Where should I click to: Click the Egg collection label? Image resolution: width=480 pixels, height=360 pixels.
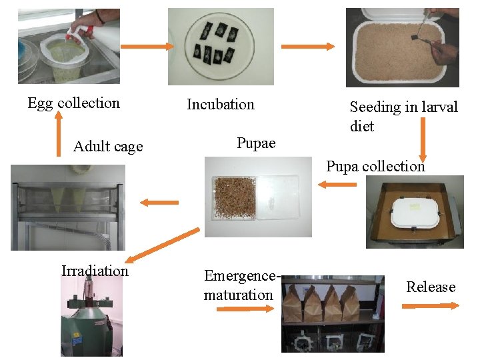[x=73, y=103]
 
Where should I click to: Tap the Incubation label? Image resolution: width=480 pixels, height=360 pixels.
[x=220, y=104]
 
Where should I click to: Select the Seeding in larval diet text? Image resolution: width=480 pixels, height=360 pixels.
[x=403, y=116]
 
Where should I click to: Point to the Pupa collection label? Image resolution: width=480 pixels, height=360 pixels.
[x=375, y=166]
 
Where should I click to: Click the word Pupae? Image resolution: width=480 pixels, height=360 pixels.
[x=256, y=143]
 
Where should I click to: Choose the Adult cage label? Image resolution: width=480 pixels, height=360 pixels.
[x=108, y=147]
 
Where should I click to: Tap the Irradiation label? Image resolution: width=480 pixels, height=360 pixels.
[x=95, y=271]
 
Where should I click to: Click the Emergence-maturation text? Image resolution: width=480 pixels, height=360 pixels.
[x=239, y=285]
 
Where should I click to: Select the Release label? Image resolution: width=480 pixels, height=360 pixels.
[x=431, y=287]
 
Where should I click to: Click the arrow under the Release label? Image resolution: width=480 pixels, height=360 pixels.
[x=430, y=305]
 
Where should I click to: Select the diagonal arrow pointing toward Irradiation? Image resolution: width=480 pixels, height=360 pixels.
[x=163, y=245]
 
